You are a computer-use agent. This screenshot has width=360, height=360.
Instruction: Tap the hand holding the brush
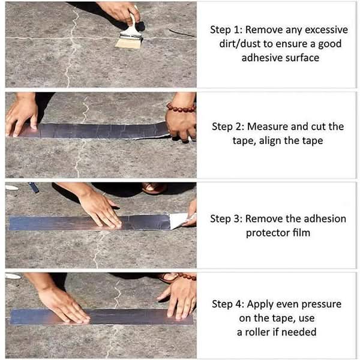pyautogui.click(x=119, y=11)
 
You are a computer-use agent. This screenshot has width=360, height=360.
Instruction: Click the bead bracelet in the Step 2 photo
pyautogui.click(x=181, y=108)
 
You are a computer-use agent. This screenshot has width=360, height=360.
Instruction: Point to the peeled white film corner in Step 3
pyautogui.click(x=179, y=221)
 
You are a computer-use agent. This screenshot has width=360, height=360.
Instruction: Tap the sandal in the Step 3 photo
pyautogui.click(x=154, y=188)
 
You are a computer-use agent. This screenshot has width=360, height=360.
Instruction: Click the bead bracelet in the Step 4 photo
pyautogui.click(x=185, y=277)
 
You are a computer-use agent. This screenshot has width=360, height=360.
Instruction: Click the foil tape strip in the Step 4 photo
pyautogui.click(x=102, y=317)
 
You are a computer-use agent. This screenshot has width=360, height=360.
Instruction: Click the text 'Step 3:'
pyautogui.click(x=226, y=218)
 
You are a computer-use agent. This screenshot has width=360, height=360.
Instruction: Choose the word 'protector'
pyautogui.click(x=268, y=233)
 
